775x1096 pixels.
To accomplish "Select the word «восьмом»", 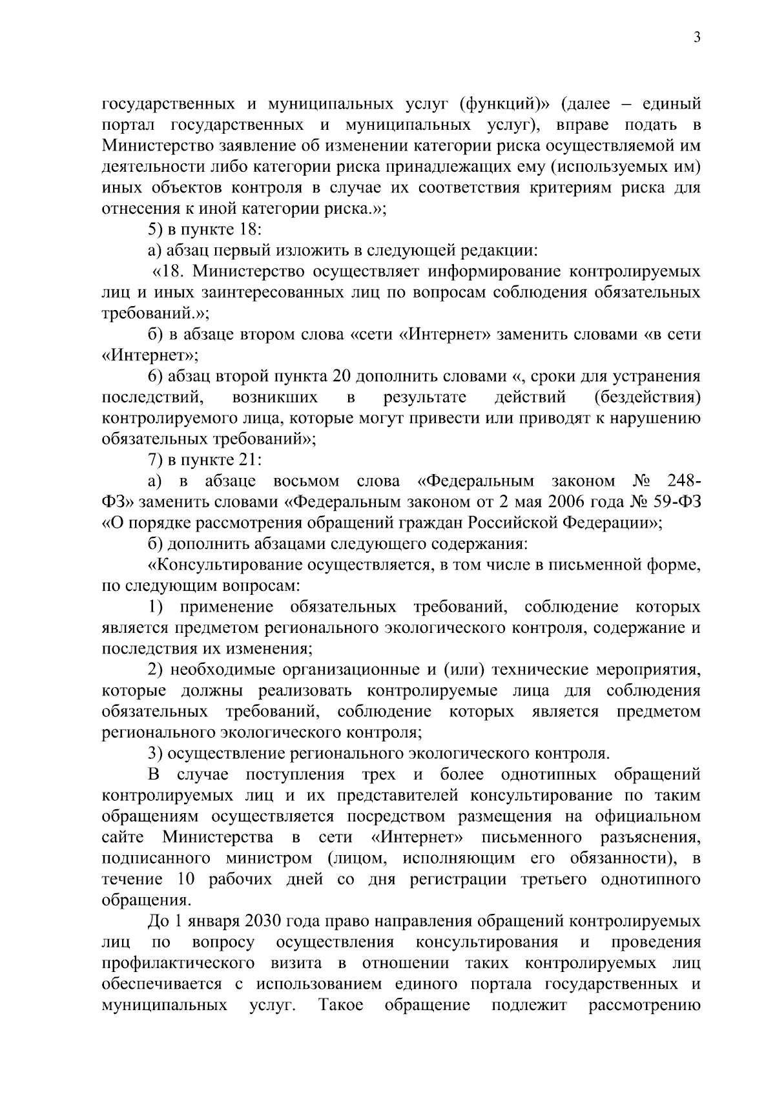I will pos(306,481).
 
